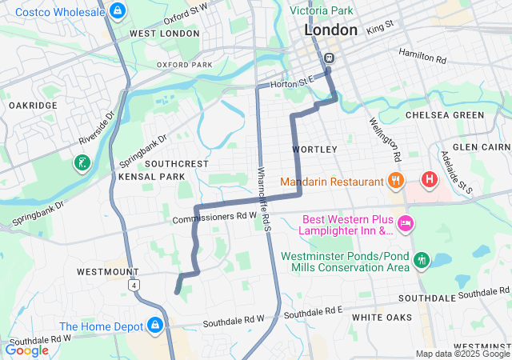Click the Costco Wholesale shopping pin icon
118,10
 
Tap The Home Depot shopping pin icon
154,326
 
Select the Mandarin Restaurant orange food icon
394,181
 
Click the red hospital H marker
430,178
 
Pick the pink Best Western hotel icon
405,223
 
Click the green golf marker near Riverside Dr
82,162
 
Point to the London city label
330,30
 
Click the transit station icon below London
329,58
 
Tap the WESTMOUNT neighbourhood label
107,272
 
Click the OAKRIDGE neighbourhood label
33,106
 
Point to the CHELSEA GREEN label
445,115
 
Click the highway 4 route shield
137,284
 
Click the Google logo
26,350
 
